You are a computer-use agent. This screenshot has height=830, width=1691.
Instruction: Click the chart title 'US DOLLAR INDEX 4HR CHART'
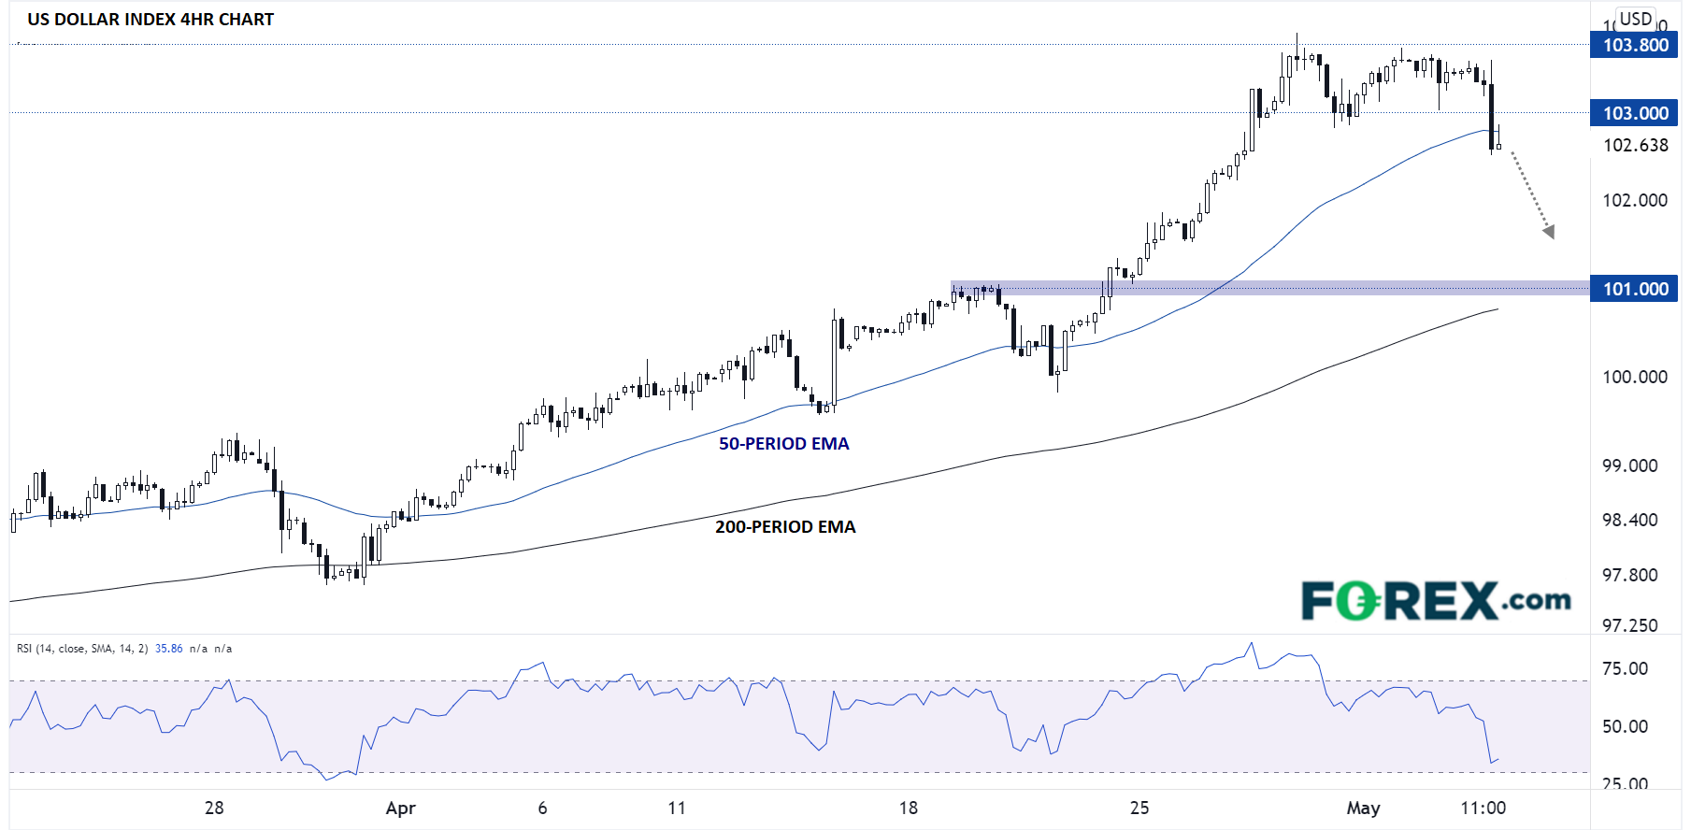point(150,20)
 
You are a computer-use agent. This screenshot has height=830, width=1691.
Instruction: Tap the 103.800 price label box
point(1634,45)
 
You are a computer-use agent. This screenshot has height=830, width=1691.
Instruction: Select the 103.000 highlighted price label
point(1634,113)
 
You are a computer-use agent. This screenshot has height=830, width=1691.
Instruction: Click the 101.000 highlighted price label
point(1634,289)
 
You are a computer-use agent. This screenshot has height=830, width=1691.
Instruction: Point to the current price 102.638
point(1635,145)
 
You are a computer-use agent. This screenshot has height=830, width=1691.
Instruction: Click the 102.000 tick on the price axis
point(1635,200)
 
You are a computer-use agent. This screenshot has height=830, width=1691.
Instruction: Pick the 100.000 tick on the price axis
point(1635,377)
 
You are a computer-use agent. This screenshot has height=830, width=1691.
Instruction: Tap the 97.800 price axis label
point(1629,575)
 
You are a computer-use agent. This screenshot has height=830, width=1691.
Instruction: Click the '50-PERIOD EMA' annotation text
point(783,444)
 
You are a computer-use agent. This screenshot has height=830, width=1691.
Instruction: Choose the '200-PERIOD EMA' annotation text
point(785,527)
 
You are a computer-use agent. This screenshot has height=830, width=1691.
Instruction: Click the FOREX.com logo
point(1436,601)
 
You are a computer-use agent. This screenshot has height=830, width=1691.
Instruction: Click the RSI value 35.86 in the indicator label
point(169,649)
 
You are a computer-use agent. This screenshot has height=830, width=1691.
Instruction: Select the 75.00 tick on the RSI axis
point(1625,668)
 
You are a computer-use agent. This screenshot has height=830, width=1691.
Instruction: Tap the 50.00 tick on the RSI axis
point(1625,726)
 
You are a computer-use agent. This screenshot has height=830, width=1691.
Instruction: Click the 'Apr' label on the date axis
point(400,808)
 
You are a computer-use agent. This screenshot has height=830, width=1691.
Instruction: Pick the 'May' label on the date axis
point(1363,808)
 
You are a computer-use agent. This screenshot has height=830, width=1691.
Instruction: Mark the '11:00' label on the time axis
point(1483,808)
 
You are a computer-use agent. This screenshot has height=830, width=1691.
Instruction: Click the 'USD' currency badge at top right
point(1636,19)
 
